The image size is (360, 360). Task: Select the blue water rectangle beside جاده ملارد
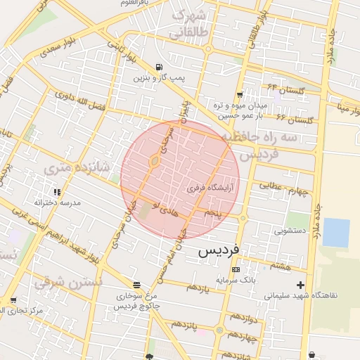coord(335,233)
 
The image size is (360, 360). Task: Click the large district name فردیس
coord(219,250)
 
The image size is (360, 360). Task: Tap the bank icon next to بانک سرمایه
coord(235,269)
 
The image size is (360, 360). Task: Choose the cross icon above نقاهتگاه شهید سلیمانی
coord(302,285)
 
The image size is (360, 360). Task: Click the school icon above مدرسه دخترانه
coord(57,191)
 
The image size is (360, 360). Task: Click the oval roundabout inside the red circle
coord(154,163)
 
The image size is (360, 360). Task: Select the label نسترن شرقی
coord(80,281)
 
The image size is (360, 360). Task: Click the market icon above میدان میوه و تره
coord(240,94)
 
